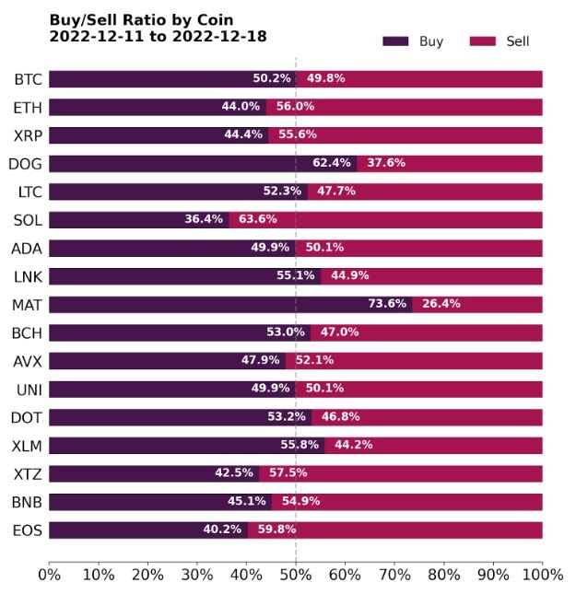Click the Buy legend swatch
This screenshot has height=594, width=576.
pyautogui.click(x=395, y=41)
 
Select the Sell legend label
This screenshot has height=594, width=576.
pyautogui.click(x=518, y=41)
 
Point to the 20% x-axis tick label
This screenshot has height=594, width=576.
pyautogui.click(x=147, y=575)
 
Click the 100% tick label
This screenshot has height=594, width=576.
pyautogui.click(x=542, y=575)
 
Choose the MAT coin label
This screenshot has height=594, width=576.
pyautogui.click(x=27, y=304)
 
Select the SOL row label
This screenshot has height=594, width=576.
pyautogui.click(x=28, y=220)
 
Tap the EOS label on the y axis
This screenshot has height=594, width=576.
pyautogui.click(x=28, y=530)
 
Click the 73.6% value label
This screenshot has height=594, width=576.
pyautogui.click(x=386, y=304)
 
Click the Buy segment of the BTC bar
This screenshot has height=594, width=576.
pyautogui.click(x=147, y=79)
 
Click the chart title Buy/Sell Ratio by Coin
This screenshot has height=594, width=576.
pyautogui.click(x=141, y=19)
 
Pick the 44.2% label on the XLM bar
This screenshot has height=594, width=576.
pyautogui.click(x=349, y=445)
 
